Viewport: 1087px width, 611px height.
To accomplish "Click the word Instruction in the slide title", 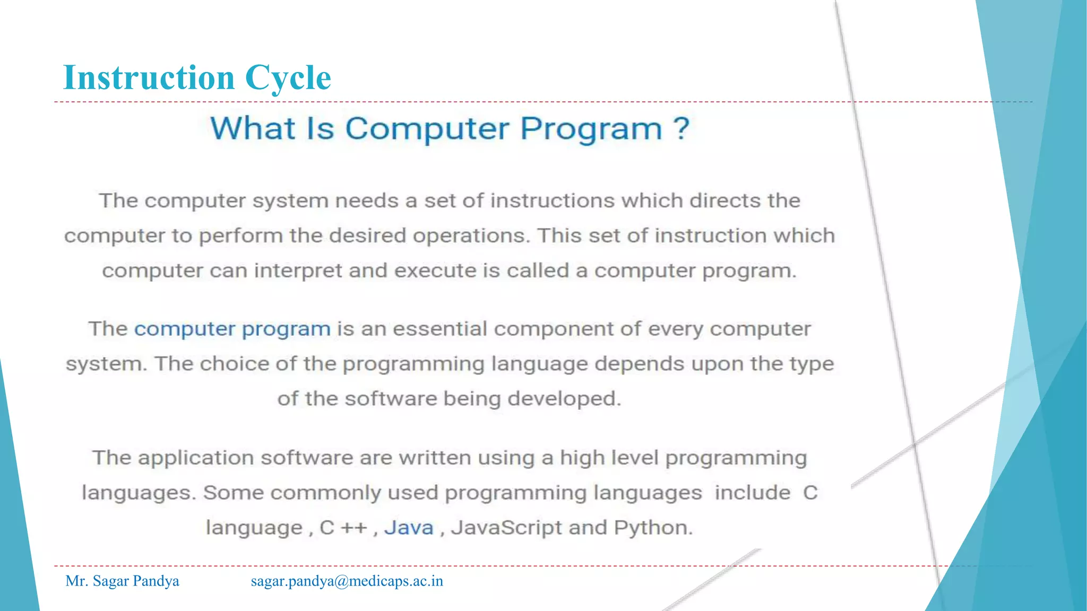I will coord(149,77).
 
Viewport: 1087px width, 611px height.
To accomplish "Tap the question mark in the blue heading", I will coord(681,128).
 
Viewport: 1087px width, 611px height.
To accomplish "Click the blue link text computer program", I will coord(232,329).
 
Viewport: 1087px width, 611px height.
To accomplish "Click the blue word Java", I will coord(409,528).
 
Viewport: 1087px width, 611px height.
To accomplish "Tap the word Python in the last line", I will coord(653,528).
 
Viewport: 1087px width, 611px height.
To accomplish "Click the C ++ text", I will coord(343,528).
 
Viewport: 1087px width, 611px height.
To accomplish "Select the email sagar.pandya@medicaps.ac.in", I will coord(347,581).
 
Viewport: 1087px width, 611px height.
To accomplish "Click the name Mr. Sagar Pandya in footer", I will coord(122,581).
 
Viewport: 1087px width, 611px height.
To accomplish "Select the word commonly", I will coord(325,493).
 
